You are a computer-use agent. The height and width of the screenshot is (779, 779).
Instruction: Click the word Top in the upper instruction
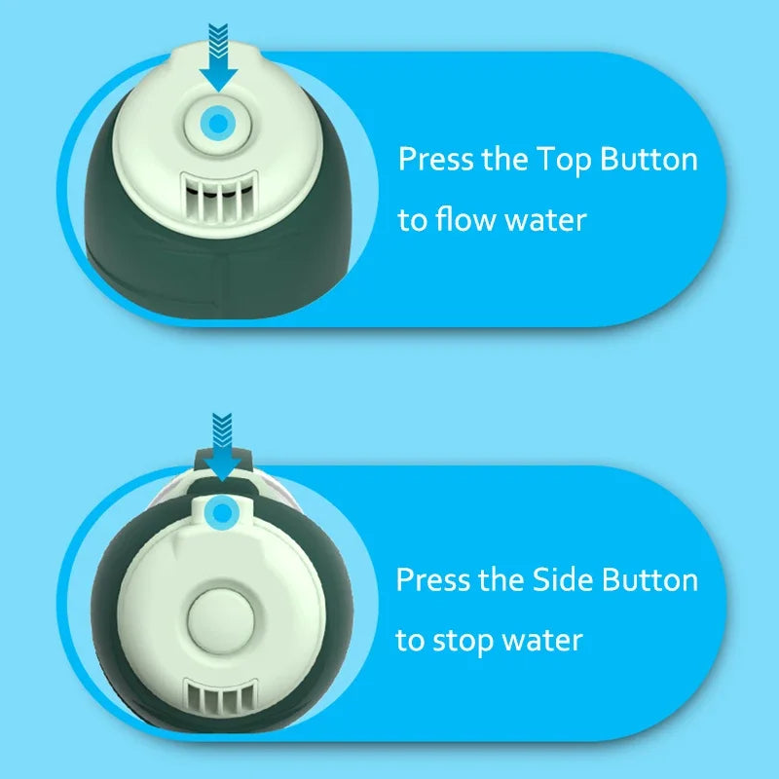tap(564, 161)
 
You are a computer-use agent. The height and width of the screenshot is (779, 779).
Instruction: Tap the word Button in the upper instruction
tap(649, 159)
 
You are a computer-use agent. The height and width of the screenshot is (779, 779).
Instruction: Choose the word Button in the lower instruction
tap(649, 579)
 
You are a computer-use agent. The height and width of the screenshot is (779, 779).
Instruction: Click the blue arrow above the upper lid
tap(218, 57)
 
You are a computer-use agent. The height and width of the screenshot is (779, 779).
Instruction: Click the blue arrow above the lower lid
tap(222, 447)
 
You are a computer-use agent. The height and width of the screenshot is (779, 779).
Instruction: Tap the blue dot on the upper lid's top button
tap(218, 124)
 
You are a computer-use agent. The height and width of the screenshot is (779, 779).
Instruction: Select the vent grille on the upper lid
tap(219, 198)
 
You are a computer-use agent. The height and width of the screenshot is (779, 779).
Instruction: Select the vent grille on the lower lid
tap(221, 696)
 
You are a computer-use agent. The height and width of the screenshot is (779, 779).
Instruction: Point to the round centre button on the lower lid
tap(221, 621)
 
